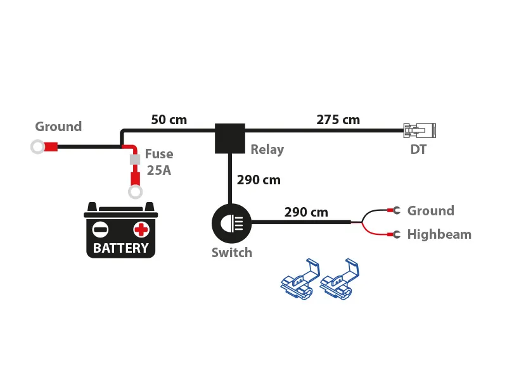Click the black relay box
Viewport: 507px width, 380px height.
(229, 138)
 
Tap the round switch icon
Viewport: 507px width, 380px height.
(231, 222)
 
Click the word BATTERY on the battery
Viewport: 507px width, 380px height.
(120, 248)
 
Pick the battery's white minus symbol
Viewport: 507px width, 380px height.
(100, 229)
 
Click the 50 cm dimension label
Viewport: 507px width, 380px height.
(169, 119)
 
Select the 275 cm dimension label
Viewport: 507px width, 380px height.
(338, 119)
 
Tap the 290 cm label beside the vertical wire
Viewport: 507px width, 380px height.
(259, 179)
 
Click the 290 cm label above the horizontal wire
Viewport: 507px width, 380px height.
(306, 212)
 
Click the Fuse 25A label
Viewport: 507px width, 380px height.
(158, 161)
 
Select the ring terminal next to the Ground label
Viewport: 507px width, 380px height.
(38, 148)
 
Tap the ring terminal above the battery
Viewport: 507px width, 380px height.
(134, 193)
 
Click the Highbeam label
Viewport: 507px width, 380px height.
(439, 234)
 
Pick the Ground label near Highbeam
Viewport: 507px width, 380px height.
(430, 211)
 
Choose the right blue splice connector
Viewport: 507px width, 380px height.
(340, 279)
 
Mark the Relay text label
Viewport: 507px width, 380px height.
(267, 150)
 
